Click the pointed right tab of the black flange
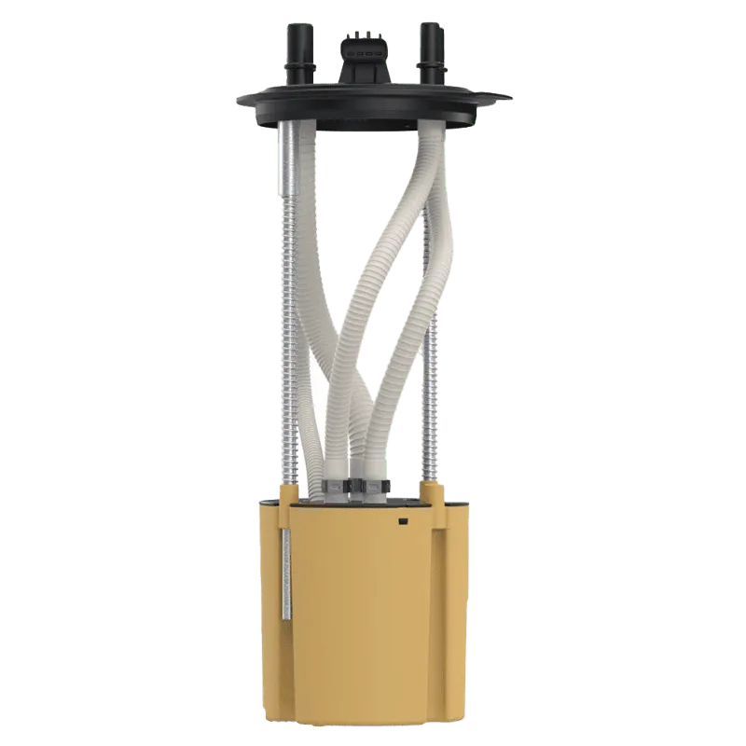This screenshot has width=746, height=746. (x=503, y=99)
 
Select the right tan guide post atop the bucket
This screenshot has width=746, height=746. (x=432, y=490)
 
